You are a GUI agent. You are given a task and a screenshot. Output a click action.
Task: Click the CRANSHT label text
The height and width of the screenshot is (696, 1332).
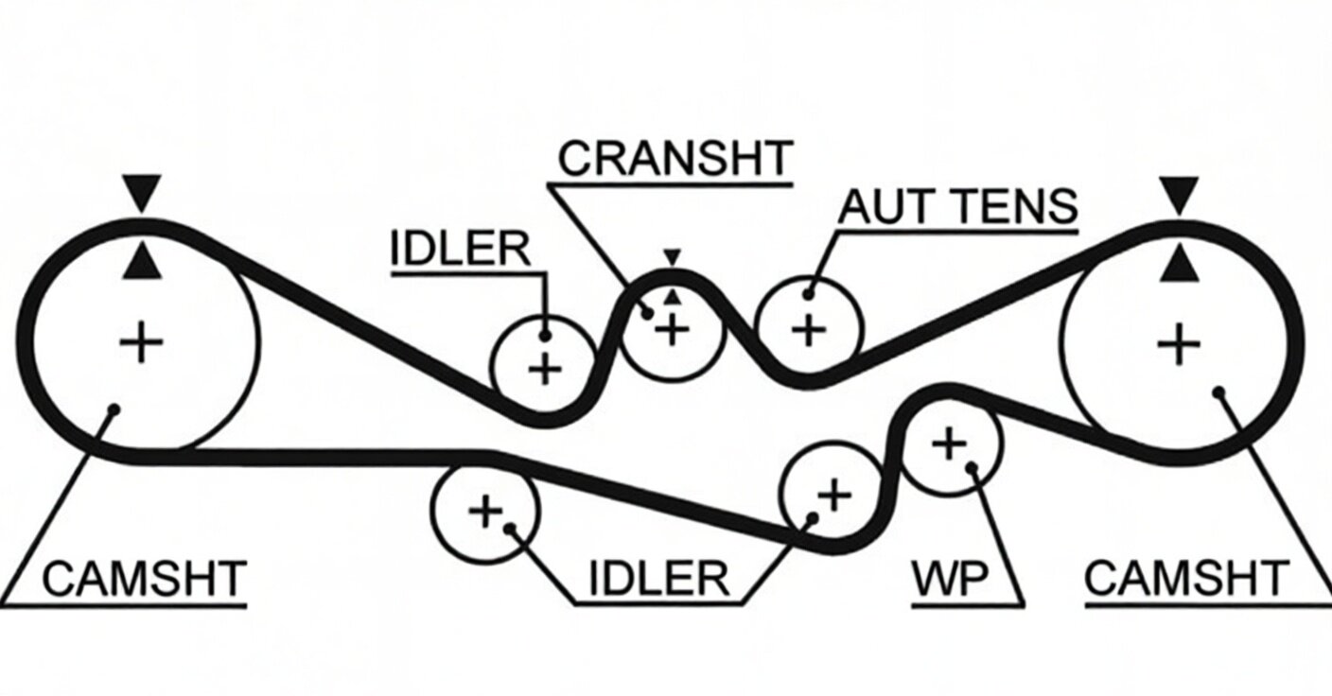pyautogui.click(x=675, y=158)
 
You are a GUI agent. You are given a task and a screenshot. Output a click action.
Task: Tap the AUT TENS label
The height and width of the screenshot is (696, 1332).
pyautogui.click(x=957, y=206)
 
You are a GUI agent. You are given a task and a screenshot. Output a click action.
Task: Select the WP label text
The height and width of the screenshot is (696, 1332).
pyautogui.click(x=950, y=579)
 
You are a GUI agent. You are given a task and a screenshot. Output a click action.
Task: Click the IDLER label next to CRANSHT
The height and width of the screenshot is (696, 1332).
pyautogui.click(x=461, y=249)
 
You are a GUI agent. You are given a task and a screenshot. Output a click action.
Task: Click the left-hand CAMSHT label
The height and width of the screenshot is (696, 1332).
pyautogui.click(x=145, y=579)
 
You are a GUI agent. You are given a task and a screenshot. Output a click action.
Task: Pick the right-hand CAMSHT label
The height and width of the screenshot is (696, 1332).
pyautogui.click(x=1187, y=579)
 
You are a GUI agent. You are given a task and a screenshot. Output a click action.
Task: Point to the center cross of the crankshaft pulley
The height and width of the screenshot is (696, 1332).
pyautogui.click(x=672, y=330)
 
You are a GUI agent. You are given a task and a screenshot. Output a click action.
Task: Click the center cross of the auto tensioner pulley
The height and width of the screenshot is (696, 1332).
pyautogui.click(x=809, y=330)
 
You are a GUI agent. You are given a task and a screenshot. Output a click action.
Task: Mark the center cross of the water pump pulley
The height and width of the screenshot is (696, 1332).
pyautogui.click(x=950, y=444)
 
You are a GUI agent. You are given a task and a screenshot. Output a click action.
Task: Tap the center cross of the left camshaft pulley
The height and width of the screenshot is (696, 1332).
pyautogui.click(x=141, y=341)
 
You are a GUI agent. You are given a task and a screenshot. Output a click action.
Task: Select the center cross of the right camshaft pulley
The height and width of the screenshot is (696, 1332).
pyautogui.click(x=1179, y=343)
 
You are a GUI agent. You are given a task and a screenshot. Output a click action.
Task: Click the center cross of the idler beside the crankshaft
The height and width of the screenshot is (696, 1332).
pyautogui.click(x=545, y=370)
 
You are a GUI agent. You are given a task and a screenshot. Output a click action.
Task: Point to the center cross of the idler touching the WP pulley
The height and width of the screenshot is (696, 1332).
pyautogui.click(x=834, y=495)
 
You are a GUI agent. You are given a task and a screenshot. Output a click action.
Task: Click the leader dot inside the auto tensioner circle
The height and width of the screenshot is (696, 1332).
pyautogui.click(x=808, y=293)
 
